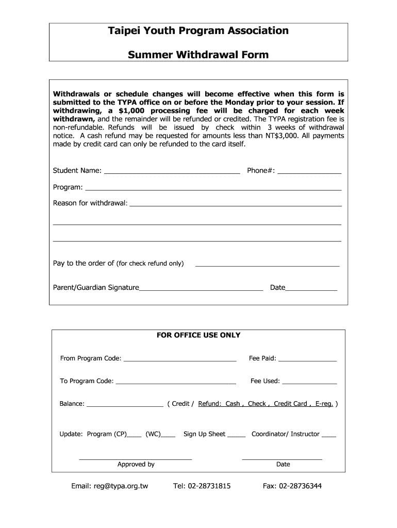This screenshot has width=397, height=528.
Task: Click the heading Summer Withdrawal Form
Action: pos(198,54)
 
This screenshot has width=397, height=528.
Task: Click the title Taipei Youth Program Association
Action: pos(198,31)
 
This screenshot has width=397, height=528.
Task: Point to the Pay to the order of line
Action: pos(267,265)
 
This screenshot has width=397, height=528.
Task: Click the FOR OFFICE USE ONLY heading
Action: pos(198,335)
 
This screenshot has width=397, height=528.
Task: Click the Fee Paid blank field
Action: pos(308,359)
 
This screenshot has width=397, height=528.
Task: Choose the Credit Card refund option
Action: pos(290,404)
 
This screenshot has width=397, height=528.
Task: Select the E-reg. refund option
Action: pos(324,404)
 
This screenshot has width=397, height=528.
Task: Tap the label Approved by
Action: pos(136,464)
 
